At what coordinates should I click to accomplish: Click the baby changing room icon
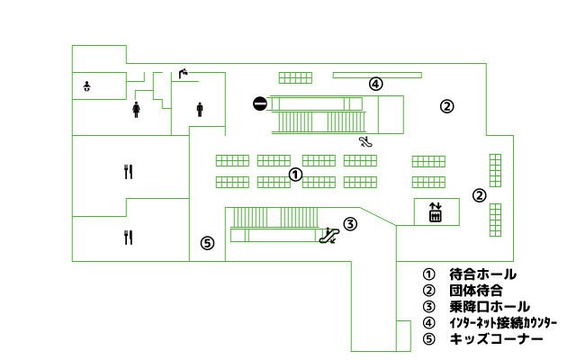pyautogui.click(x=87, y=86)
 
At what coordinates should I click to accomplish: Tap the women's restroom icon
pyautogui.click(x=136, y=110)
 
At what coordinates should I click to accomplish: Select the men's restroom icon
pyautogui.click(x=200, y=110)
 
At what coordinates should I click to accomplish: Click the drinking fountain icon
pyautogui.click(x=184, y=73)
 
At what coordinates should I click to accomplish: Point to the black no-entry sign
pyautogui.click(x=260, y=103)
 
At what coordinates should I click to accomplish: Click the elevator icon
pyautogui.click(x=436, y=211)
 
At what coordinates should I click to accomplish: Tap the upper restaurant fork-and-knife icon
pyautogui.click(x=129, y=172)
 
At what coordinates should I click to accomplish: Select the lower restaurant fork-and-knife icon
pyautogui.click(x=129, y=238)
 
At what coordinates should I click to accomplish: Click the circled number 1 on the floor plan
pyautogui.click(x=295, y=175)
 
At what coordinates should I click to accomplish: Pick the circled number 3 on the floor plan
pyautogui.click(x=350, y=224)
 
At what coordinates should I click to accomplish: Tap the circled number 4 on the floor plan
pyautogui.click(x=375, y=84)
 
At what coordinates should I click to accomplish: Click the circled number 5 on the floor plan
pyautogui.click(x=207, y=243)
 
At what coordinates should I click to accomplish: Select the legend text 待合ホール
pyautogui.click(x=483, y=274)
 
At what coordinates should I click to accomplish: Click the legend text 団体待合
pyautogui.click(x=476, y=291)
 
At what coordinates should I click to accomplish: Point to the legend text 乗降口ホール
pyautogui.click(x=490, y=307)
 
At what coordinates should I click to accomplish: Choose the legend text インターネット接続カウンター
pyautogui.click(x=503, y=323)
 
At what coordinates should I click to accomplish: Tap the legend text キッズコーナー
pyautogui.click(x=497, y=339)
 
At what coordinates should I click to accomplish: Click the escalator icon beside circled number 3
pyautogui.click(x=329, y=236)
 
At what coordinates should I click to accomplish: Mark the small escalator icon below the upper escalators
pyautogui.click(x=365, y=142)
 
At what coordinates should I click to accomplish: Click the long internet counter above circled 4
pyautogui.click(x=377, y=76)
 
